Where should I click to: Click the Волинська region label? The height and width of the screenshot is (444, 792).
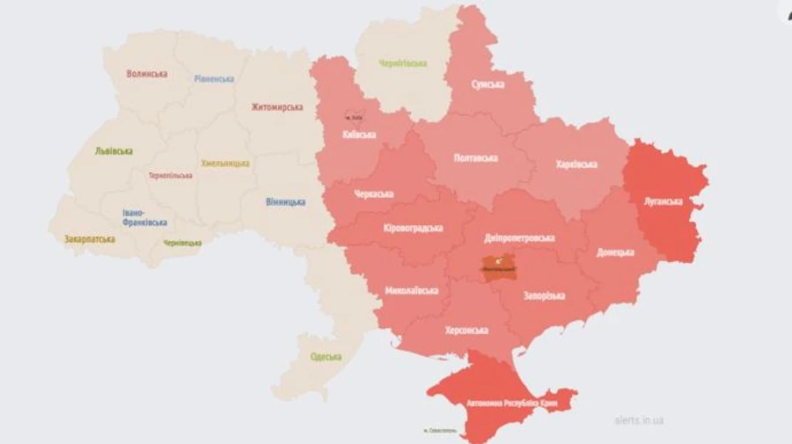click(x=147, y=74)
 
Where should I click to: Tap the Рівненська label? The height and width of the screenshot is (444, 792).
click(x=214, y=78)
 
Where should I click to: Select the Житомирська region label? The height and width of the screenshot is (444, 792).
click(x=276, y=107)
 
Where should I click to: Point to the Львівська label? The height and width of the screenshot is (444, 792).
click(x=114, y=151)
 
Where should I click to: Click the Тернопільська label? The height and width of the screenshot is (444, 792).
click(x=171, y=175)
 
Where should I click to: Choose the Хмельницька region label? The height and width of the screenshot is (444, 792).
click(x=225, y=163)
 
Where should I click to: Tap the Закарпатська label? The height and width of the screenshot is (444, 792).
click(x=90, y=238)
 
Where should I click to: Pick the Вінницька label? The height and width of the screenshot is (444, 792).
click(x=285, y=201)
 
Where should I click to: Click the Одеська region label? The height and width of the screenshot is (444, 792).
click(x=326, y=356)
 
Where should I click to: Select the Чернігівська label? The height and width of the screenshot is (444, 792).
click(x=402, y=63)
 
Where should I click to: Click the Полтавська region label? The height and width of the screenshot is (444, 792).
click(x=475, y=158)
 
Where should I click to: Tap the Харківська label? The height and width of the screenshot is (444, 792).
click(x=576, y=164)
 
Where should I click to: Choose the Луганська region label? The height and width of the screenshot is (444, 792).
click(x=663, y=201)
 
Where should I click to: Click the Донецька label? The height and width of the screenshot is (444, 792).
click(x=615, y=252)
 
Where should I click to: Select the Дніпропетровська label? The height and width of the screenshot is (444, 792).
click(x=520, y=238)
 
